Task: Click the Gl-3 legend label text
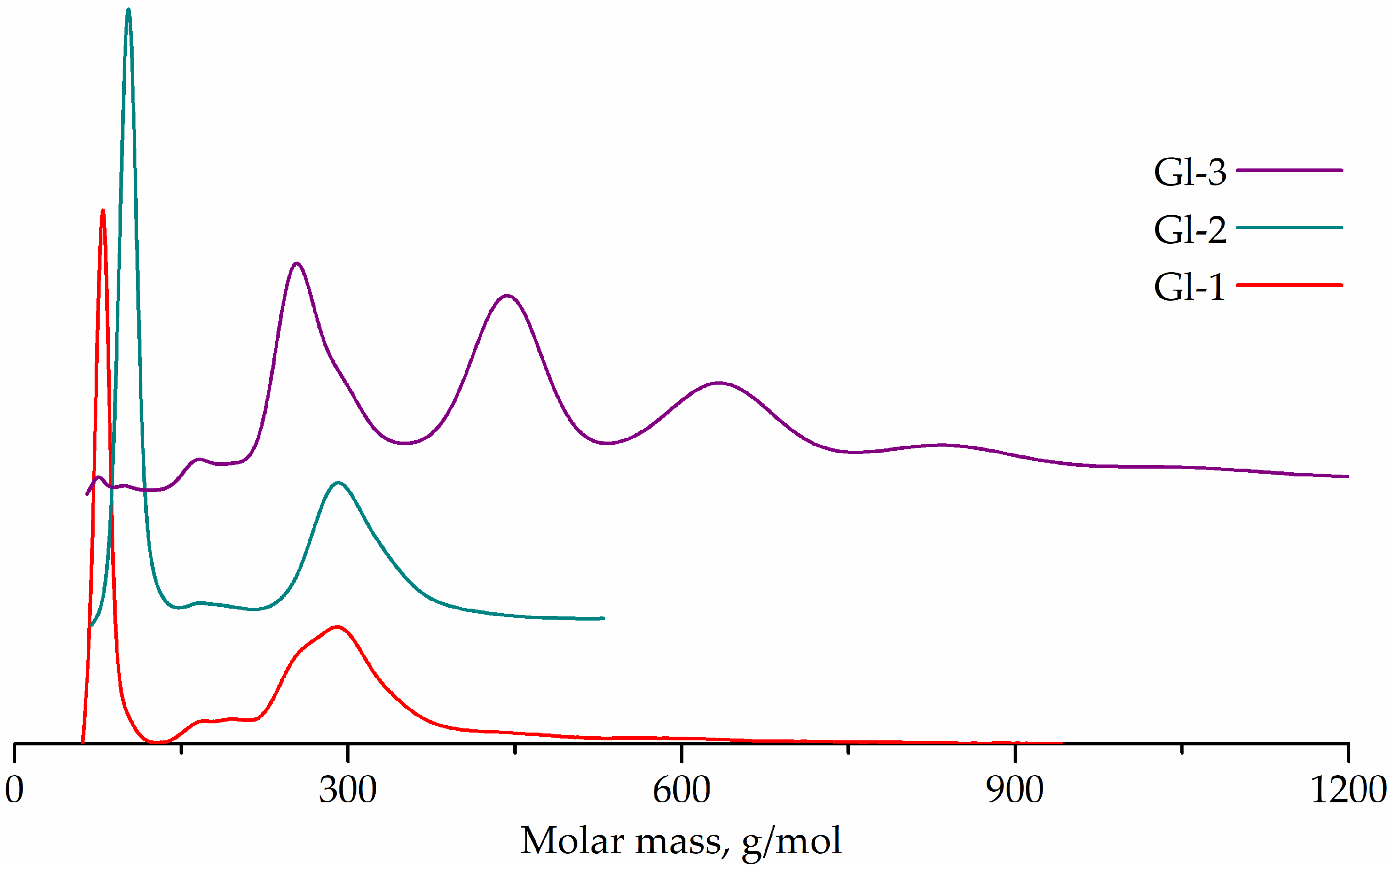coord(1189,172)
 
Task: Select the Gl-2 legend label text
coord(1189,229)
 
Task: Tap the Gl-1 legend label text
coord(1189,286)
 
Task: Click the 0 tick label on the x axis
coord(14,790)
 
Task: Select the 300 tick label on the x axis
coord(348,790)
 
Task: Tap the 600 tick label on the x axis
coord(681,790)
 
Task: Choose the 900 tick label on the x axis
coord(1015,790)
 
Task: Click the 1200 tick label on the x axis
coord(1348,790)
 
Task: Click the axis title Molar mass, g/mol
coord(681,841)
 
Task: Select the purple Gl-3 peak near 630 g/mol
coord(718,383)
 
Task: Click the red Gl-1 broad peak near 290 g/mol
coord(337,627)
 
